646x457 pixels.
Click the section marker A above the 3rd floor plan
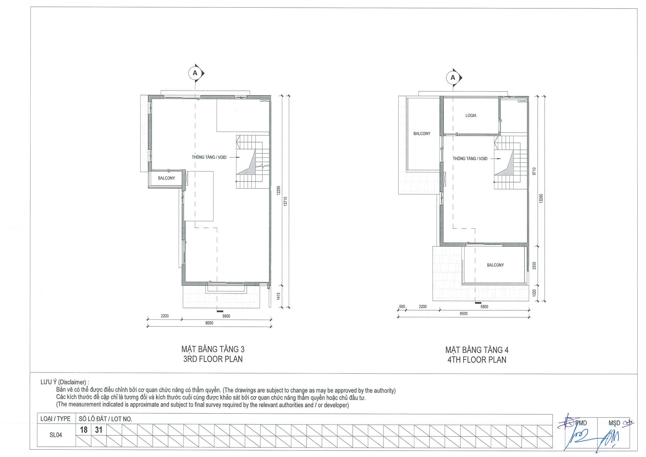195,73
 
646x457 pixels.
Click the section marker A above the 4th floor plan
453,78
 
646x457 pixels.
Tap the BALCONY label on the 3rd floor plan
166,178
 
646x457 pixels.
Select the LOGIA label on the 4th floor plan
471,115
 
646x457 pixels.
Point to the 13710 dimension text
285,201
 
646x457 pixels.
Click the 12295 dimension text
278,190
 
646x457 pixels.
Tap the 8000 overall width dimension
209,323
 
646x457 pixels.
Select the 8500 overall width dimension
464,313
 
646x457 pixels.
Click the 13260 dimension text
541,199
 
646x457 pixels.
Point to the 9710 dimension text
534,171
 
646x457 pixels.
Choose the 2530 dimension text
534,266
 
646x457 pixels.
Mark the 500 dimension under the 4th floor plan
402,307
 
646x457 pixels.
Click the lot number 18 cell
84,430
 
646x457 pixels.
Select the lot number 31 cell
99,430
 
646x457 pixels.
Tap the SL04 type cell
56,435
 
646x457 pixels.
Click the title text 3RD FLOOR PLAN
213,359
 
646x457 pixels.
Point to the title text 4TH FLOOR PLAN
477,360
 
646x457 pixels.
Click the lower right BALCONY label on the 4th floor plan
495,265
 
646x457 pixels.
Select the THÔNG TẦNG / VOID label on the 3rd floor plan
209,158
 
